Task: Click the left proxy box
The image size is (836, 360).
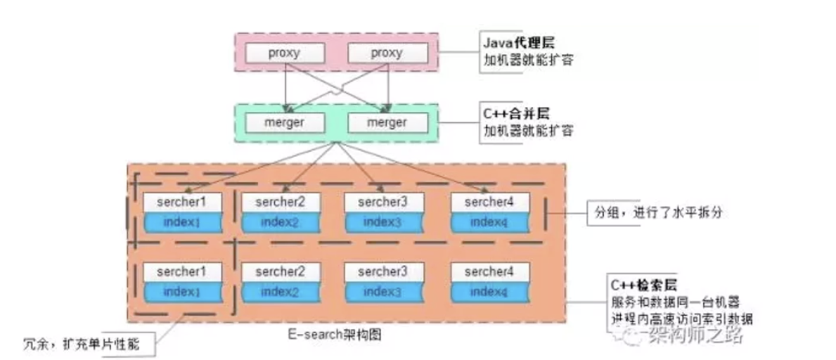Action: pos(284,53)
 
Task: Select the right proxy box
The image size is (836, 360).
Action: pos(387,53)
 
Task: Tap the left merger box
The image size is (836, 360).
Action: pos(284,122)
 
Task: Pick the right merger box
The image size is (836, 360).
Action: pos(387,122)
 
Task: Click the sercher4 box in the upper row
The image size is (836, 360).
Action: pos(489,202)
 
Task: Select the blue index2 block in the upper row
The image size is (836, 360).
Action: pos(281,222)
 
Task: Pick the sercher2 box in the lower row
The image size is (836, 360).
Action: pos(281,271)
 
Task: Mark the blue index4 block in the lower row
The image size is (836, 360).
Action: pos(489,291)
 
